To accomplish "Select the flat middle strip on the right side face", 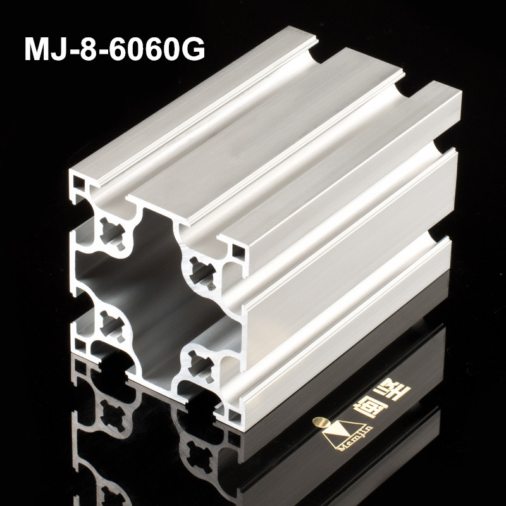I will coord(354,266).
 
